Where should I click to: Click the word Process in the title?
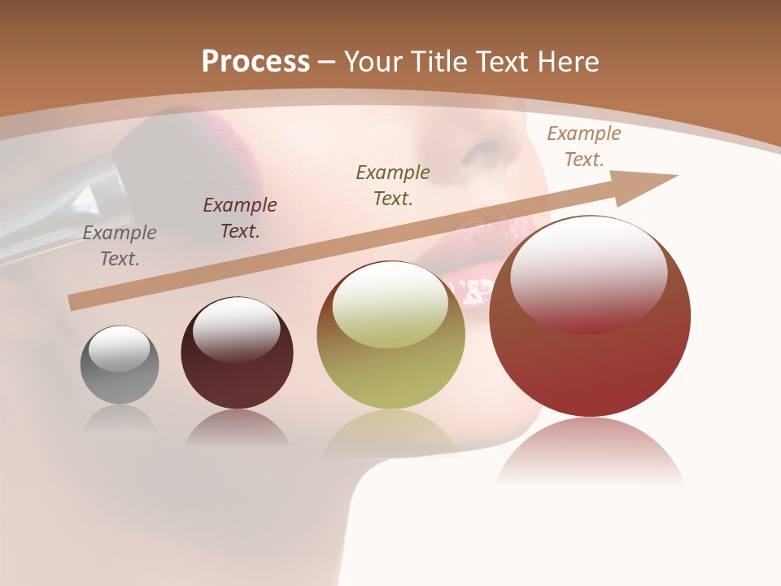click(255, 61)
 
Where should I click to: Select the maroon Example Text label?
click(240, 218)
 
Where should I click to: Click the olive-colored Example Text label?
click(393, 186)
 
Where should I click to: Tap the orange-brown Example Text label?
click(583, 146)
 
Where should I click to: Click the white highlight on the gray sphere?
click(120, 348)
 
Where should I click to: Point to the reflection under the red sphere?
click(590, 452)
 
